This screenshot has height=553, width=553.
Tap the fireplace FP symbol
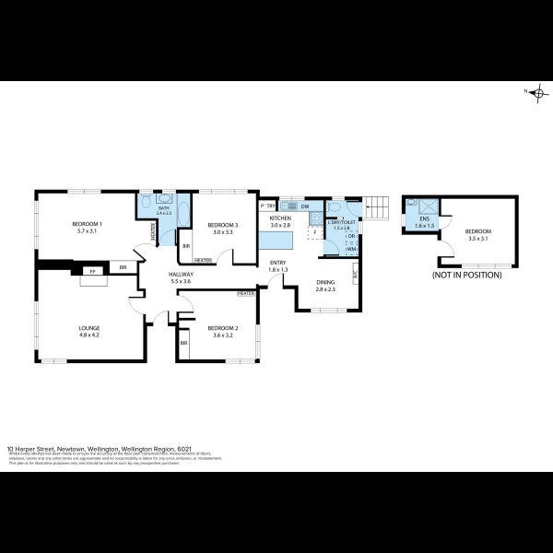(x=91, y=271)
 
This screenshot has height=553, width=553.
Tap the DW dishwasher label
(x=304, y=206)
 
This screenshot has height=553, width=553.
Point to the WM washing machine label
(x=351, y=249)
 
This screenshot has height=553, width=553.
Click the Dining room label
(x=325, y=285)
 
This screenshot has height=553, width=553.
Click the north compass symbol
(x=538, y=91)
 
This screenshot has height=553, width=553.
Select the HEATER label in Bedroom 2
(x=245, y=294)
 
